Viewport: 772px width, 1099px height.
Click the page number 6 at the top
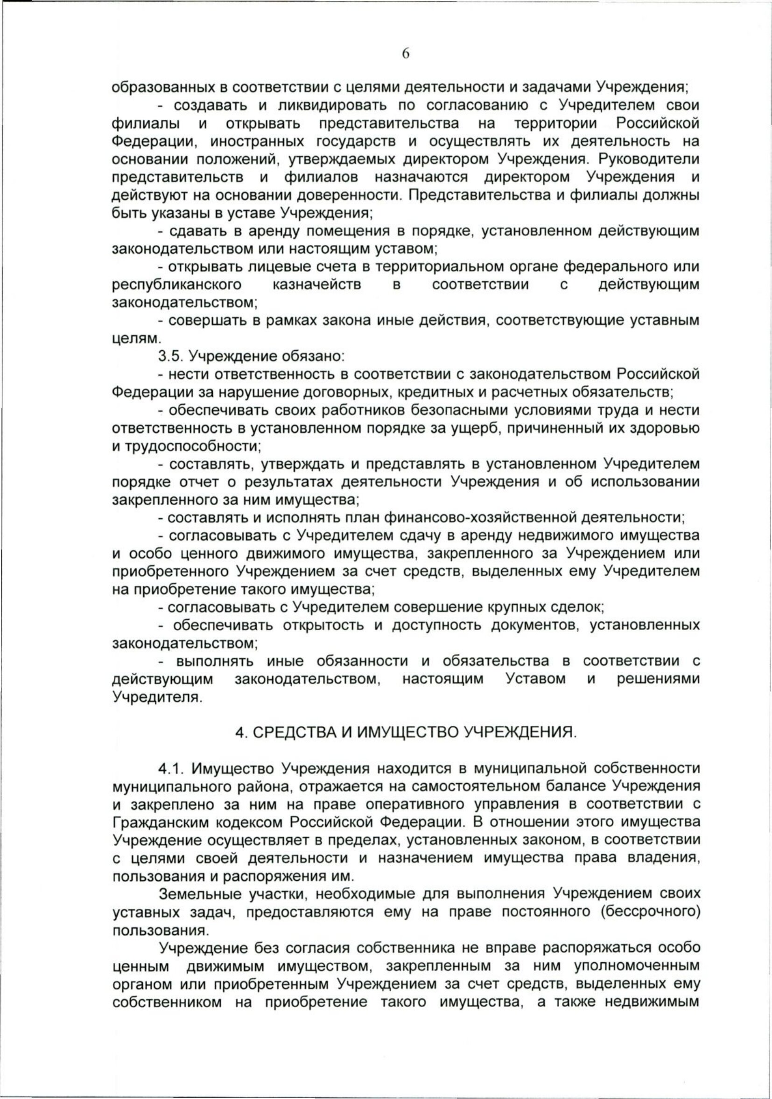pos(405,54)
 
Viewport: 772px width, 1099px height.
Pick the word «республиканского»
pos(177,285)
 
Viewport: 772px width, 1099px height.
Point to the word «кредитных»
pos(426,392)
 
